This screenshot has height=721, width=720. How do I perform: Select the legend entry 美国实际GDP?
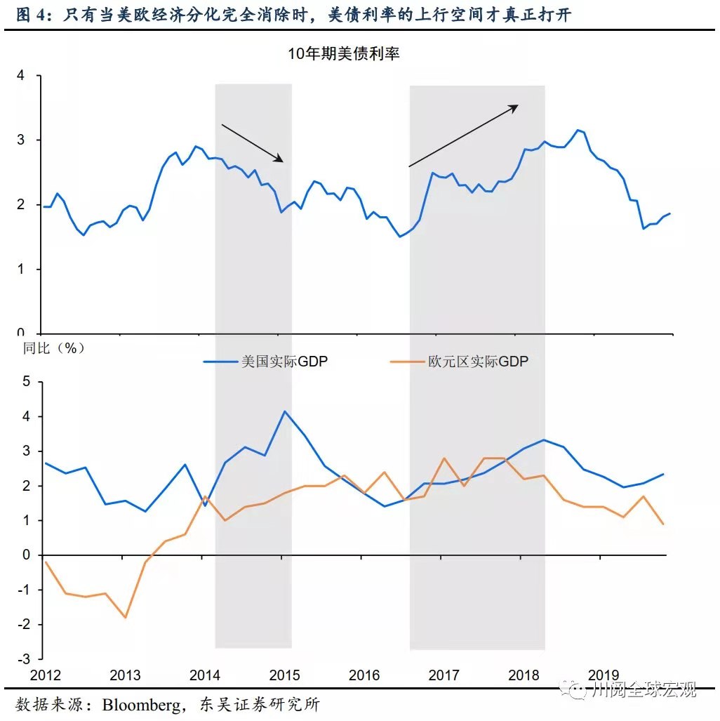tap(266, 362)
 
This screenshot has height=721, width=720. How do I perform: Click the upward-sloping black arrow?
tap(463, 135)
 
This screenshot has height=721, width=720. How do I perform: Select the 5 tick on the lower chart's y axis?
tap(27, 382)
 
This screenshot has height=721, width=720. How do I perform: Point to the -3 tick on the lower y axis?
tap(25, 659)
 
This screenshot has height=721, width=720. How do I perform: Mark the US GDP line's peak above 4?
tap(284, 411)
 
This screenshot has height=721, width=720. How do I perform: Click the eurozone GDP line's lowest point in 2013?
tap(126, 618)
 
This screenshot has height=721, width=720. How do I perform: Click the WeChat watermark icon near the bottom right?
tap(579, 689)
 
